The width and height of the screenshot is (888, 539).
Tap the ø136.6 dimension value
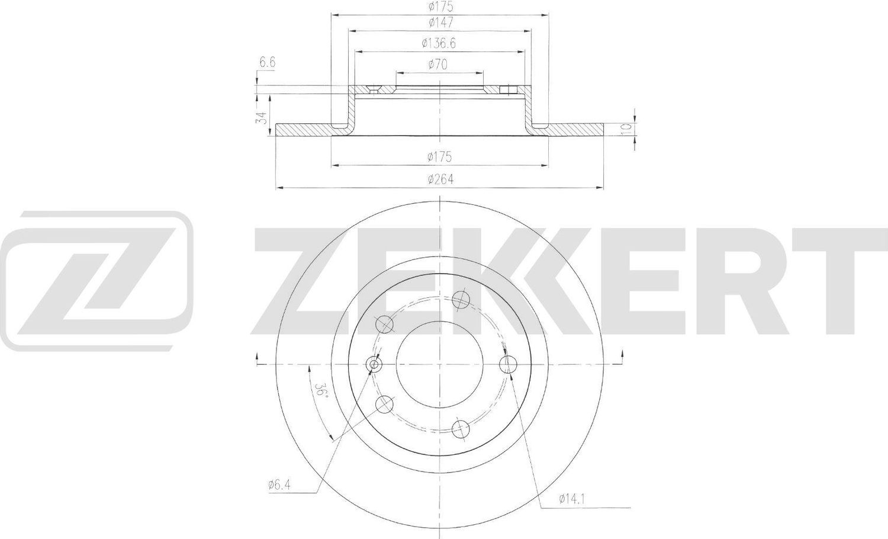pos(439,43)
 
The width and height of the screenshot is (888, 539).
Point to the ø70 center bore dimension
pos(439,65)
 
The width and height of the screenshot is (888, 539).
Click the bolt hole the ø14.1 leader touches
pos(506,364)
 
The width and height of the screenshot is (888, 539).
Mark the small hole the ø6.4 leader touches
pos(374,364)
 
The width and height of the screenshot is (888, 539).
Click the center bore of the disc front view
pos(439,364)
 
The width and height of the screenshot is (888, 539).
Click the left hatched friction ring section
pos(305,129)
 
